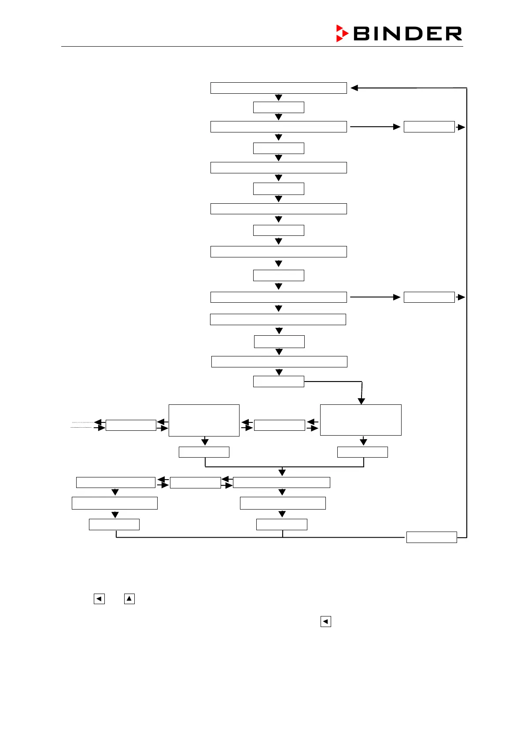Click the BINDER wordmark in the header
407,34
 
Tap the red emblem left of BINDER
342,33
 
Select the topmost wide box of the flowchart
278,88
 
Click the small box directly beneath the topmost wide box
278,107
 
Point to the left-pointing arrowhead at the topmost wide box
354,88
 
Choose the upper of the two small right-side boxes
429,127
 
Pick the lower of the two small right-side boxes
429,297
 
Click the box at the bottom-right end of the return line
431,537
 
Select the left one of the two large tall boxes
204,420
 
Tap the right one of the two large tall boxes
361,420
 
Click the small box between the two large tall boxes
279,425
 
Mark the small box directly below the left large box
204,452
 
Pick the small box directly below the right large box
362,452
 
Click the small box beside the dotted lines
131,425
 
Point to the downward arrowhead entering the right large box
362,401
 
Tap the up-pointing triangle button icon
129,598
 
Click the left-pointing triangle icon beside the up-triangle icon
99,598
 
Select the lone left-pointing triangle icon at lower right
325,621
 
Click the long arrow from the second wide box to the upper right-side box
374,127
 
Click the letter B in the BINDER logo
362,34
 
